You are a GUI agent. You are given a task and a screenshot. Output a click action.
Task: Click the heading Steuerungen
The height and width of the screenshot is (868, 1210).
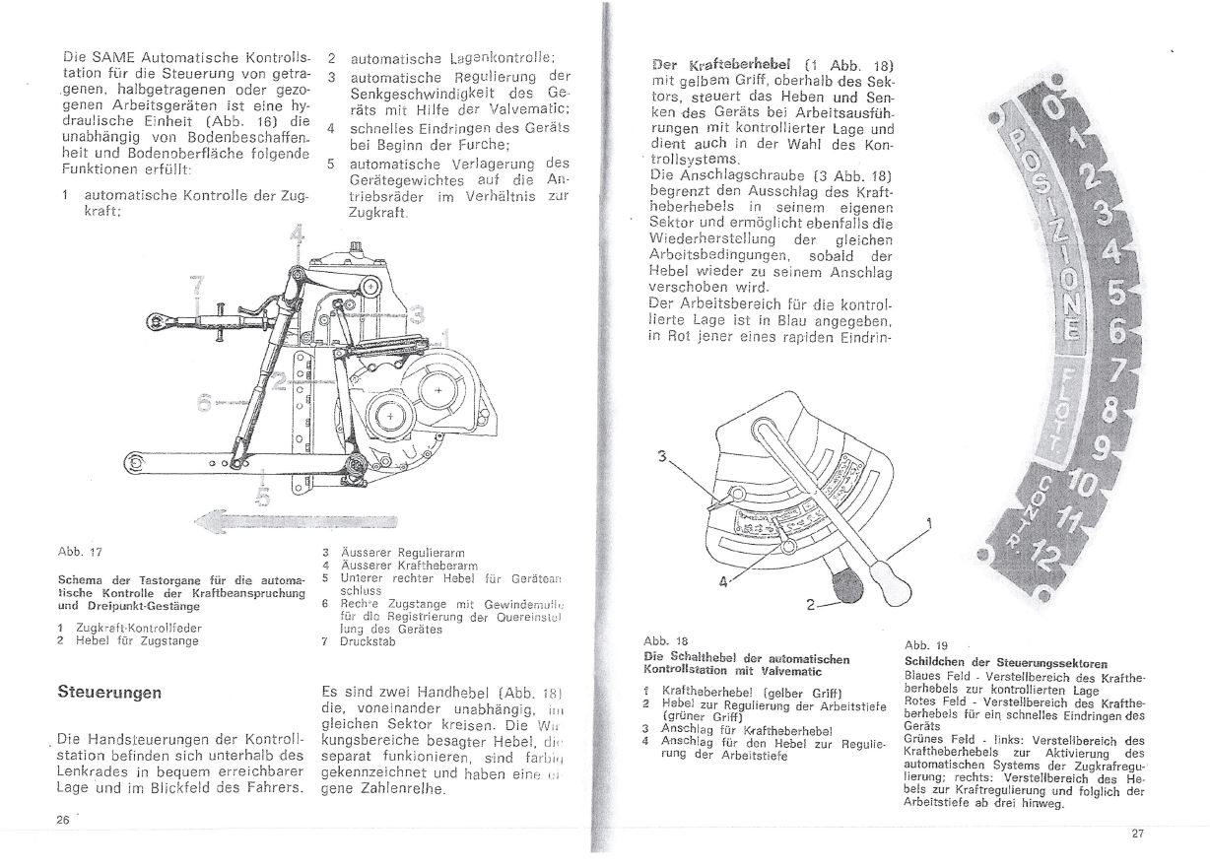tap(109, 692)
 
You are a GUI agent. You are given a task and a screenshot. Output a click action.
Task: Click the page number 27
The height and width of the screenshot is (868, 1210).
tap(1137, 834)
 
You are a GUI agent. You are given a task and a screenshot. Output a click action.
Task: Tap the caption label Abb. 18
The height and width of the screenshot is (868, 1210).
tap(659, 638)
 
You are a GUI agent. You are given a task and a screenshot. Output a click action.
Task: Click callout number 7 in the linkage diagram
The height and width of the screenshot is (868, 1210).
tap(198, 287)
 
